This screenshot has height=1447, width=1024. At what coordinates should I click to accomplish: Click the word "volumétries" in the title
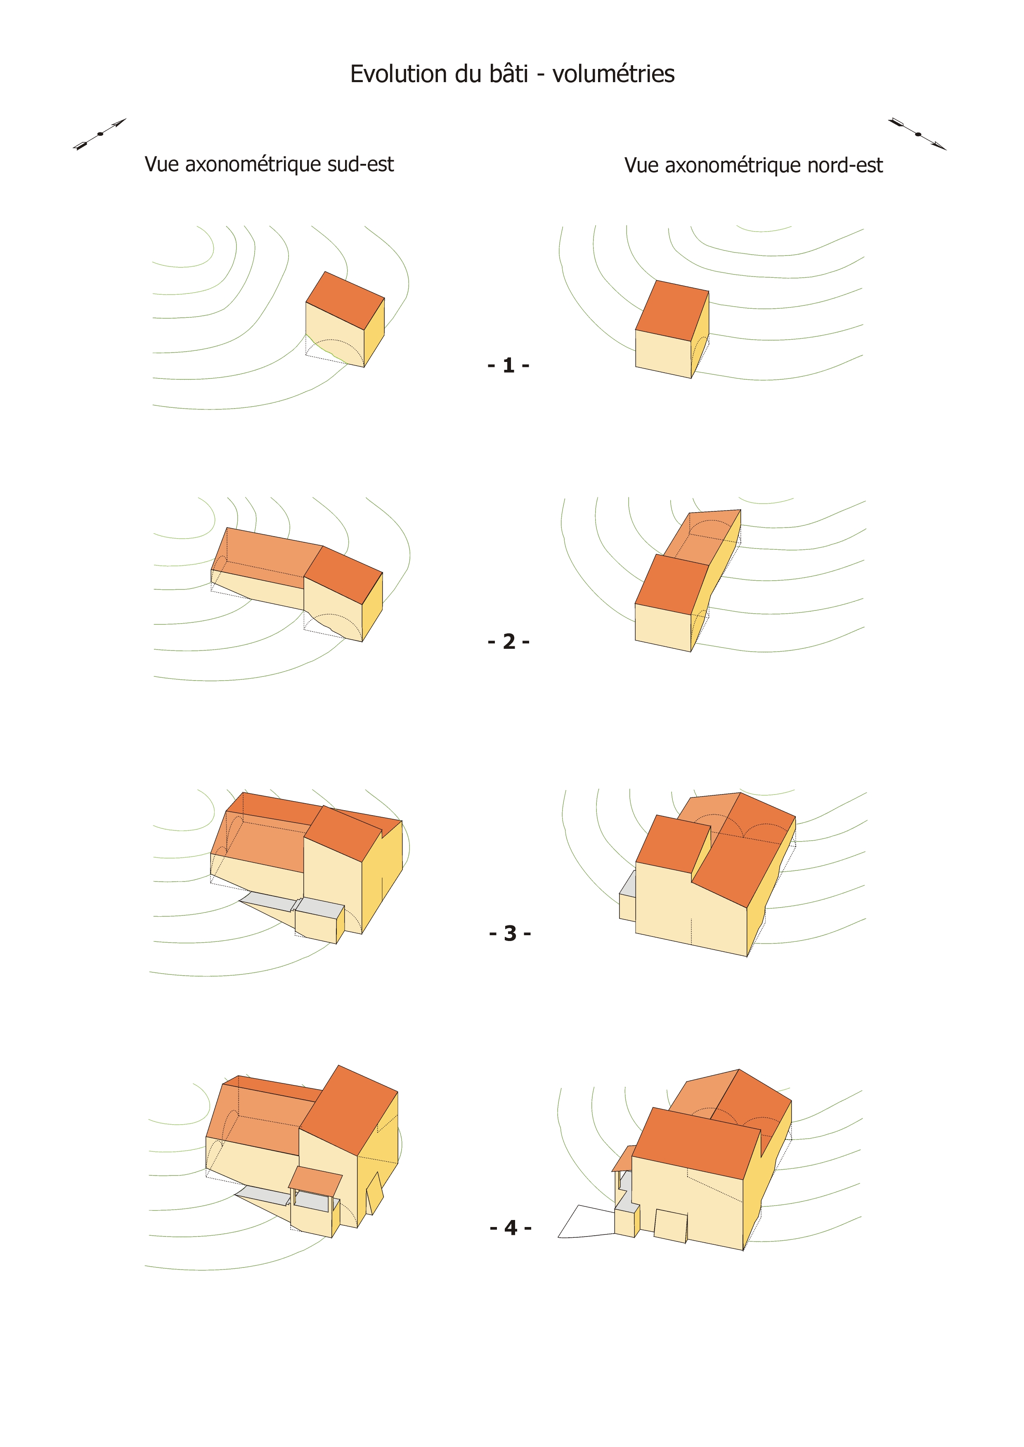(613, 74)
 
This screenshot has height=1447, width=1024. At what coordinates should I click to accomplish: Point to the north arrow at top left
(99, 134)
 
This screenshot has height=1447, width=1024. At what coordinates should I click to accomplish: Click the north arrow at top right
(918, 134)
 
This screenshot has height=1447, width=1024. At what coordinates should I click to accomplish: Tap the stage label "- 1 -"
(508, 365)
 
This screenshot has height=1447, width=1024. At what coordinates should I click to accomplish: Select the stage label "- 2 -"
(508, 641)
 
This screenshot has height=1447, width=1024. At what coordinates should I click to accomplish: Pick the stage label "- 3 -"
(510, 933)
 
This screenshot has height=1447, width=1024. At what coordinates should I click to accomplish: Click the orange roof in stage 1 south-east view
(345, 300)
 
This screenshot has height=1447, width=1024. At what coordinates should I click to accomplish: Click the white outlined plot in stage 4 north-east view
(586, 1222)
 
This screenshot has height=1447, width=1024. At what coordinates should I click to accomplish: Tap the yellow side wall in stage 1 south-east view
(374, 332)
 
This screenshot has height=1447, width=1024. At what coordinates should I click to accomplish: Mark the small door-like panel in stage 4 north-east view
(671, 1226)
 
